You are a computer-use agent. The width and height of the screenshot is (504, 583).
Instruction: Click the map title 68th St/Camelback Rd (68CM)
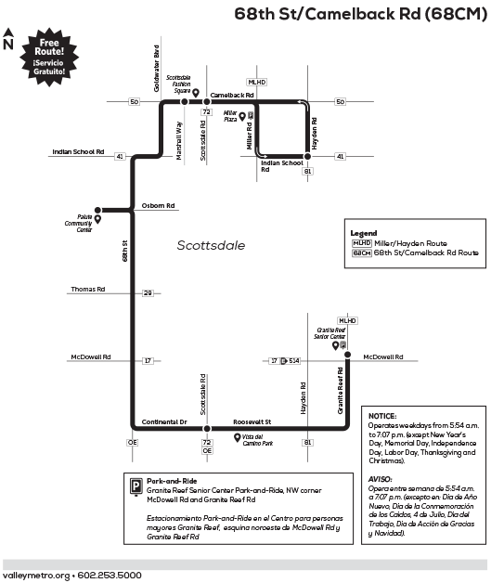point(361,14)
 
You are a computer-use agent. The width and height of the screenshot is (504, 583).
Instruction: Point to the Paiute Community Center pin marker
point(97,220)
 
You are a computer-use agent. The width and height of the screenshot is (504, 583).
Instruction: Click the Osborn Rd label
point(158,206)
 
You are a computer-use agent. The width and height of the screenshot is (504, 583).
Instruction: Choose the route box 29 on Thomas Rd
point(148,293)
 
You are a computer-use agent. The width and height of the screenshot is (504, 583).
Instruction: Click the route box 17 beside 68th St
point(148,360)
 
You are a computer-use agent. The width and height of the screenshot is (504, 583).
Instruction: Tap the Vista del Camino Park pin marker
point(237,438)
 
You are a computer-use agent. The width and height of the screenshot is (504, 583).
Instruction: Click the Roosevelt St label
point(252,422)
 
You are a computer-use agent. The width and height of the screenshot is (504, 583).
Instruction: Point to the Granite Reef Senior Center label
point(332,332)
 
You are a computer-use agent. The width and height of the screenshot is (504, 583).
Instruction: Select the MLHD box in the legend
point(361,242)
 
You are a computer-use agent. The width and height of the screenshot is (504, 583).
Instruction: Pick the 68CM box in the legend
point(361,253)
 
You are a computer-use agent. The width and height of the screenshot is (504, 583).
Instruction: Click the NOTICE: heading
point(381,416)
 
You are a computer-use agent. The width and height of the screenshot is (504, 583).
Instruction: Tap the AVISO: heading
point(381,478)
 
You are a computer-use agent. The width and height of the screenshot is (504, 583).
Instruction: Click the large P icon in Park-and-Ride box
point(136,486)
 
